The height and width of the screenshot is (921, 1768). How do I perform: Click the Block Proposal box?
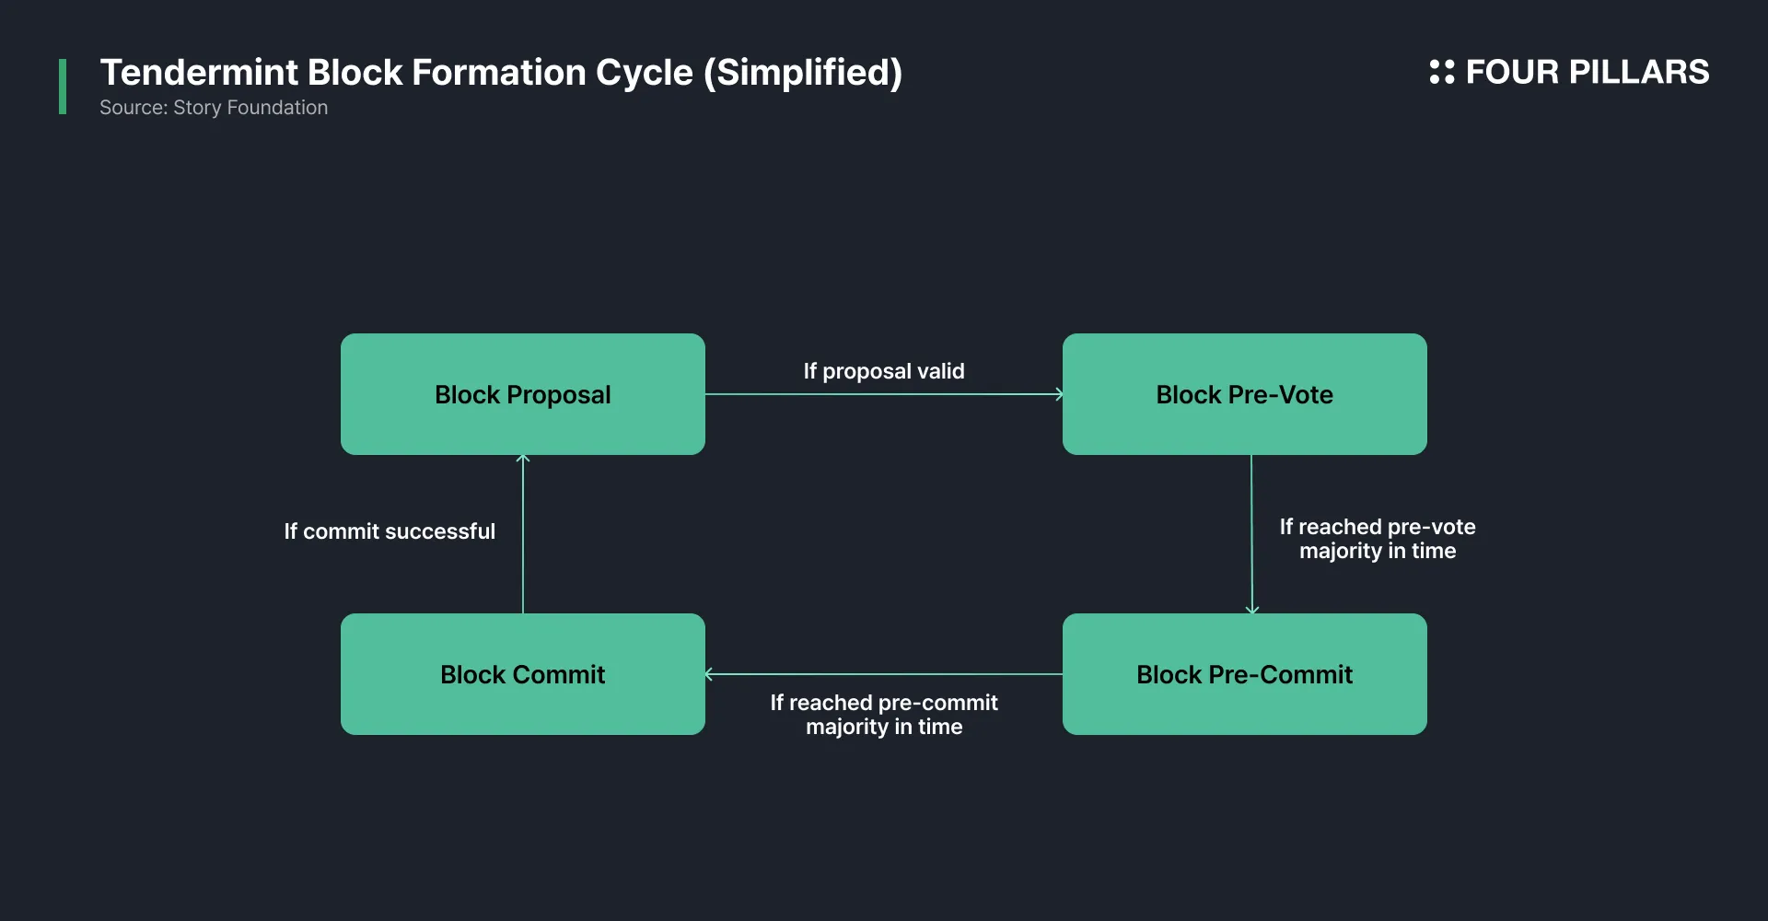pyautogui.click(x=523, y=394)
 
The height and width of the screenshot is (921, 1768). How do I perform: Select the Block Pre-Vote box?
pyautogui.click(x=1245, y=394)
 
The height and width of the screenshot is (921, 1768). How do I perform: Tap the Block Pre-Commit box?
pyautogui.click(x=1245, y=674)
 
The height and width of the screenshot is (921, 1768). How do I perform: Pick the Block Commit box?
pyautogui.click(x=523, y=674)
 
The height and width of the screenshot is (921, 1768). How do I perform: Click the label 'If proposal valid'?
pyautogui.click(x=884, y=371)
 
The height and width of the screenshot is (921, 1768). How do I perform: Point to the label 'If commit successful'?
pyautogui.click(x=390, y=531)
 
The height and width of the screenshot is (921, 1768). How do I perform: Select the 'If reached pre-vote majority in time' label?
pyautogui.click(x=1378, y=539)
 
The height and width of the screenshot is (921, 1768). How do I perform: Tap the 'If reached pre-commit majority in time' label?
pyautogui.click(x=884, y=715)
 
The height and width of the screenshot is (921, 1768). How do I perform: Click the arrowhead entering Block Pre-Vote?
pyautogui.click(x=1059, y=394)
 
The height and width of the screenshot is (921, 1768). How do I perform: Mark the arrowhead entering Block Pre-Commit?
pyautogui.click(x=1251, y=610)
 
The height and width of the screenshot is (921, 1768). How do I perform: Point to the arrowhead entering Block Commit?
pyautogui.click(x=708, y=674)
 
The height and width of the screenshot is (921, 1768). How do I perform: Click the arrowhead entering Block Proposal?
pyautogui.click(x=523, y=458)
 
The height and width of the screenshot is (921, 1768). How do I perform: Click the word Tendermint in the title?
pyautogui.click(x=199, y=72)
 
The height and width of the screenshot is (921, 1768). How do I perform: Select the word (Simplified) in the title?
pyautogui.click(x=803, y=73)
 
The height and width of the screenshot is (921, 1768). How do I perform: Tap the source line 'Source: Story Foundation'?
pyautogui.click(x=214, y=108)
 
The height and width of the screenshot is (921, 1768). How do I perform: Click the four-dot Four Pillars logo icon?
pyautogui.click(x=1442, y=72)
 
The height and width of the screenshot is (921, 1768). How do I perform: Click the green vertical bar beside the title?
pyautogui.click(x=63, y=87)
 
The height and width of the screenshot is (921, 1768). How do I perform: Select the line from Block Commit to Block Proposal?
pyautogui.click(x=523, y=534)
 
